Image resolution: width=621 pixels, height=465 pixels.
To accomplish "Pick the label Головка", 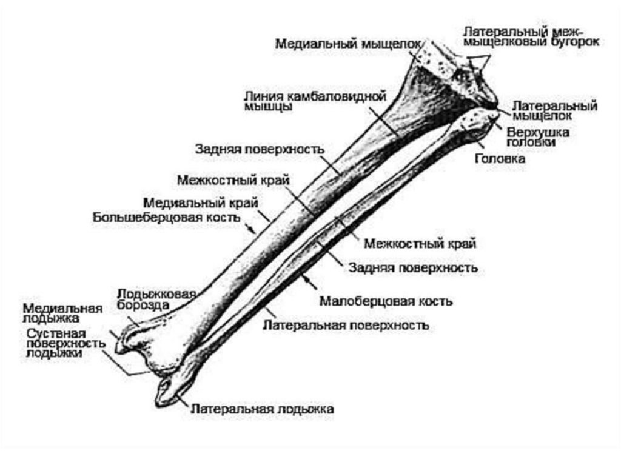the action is [x=500, y=159].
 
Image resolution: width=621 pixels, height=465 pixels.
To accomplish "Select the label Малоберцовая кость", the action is [x=385, y=301].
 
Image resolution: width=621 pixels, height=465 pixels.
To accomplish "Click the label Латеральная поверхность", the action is [x=346, y=326].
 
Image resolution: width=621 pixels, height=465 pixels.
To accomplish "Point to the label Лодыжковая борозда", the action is [x=156, y=299].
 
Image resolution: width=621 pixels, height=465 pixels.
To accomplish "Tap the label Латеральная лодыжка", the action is [x=262, y=409].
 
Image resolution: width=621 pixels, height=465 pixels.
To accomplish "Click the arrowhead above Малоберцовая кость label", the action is [x=308, y=278].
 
